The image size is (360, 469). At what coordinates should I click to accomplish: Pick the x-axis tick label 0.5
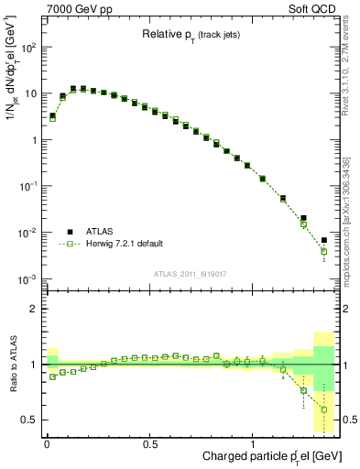click(x=149, y=444)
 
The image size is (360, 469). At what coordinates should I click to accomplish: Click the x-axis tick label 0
click(x=47, y=444)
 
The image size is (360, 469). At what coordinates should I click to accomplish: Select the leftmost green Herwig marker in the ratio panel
click(x=52, y=376)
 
